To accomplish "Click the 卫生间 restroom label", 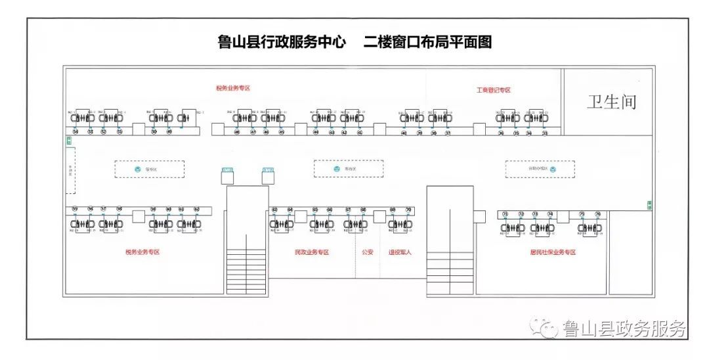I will pos(611,102).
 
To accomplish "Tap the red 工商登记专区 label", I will pos(494,90).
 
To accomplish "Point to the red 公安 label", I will pos(367,252).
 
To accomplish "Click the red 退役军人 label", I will pos(399,252).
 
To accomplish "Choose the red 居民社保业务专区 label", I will pos(553,252).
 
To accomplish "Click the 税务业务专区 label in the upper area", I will pos(233,88).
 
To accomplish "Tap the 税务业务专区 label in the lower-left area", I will pos(142,252).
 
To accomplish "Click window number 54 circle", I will pos(76,132).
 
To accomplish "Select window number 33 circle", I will pos(545,133).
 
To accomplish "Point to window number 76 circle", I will pos(598,214).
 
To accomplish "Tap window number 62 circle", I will pos(196,210).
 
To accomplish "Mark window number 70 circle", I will pos(408,210).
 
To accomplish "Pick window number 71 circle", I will pos(505,214).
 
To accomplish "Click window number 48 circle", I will pos(237,132).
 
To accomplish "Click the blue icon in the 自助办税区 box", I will pos(553,169).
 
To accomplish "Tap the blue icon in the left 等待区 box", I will pos(138,169).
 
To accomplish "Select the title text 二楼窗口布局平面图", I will pos(427,43).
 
